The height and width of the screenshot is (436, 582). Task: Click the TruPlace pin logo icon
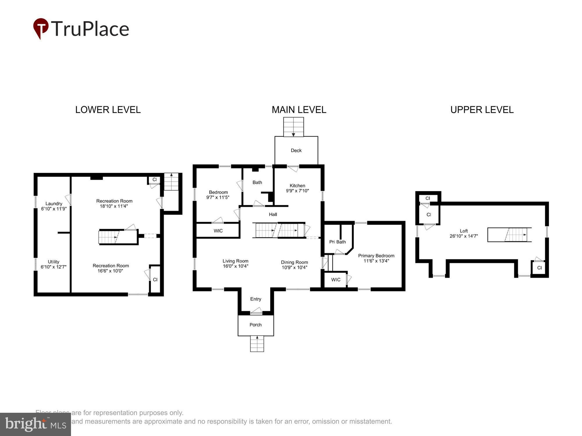(x=41, y=28)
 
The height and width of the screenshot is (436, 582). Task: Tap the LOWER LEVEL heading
(x=108, y=110)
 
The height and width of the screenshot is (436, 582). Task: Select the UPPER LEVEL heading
(x=482, y=110)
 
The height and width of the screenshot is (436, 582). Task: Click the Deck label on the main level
(x=296, y=150)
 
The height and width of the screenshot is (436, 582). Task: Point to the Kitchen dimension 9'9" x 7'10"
(x=297, y=191)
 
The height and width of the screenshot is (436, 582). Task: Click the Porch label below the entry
(x=255, y=325)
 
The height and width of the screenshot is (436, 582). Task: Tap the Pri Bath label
(x=337, y=242)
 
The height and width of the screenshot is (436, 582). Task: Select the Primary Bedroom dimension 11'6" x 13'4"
(x=376, y=261)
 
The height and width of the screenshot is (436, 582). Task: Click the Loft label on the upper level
(x=464, y=231)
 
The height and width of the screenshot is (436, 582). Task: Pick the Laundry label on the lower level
(x=54, y=203)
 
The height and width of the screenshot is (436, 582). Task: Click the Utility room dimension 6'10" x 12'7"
(x=54, y=267)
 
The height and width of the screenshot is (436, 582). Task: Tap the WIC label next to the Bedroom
(x=218, y=231)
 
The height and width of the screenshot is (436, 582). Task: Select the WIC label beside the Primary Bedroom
(x=336, y=280)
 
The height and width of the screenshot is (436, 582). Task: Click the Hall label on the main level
(x=273, y=214)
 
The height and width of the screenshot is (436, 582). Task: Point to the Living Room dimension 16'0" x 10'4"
(x=235, y=266)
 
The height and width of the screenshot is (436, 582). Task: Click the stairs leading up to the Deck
(x=293, y=127)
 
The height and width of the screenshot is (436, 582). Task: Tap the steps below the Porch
(x=257, y=344)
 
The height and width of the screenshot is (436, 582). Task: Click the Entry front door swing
(x=256, y=311)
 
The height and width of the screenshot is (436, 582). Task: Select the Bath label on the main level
(x=257, y=182)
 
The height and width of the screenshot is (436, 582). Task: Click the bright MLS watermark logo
(x=35, y=424)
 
